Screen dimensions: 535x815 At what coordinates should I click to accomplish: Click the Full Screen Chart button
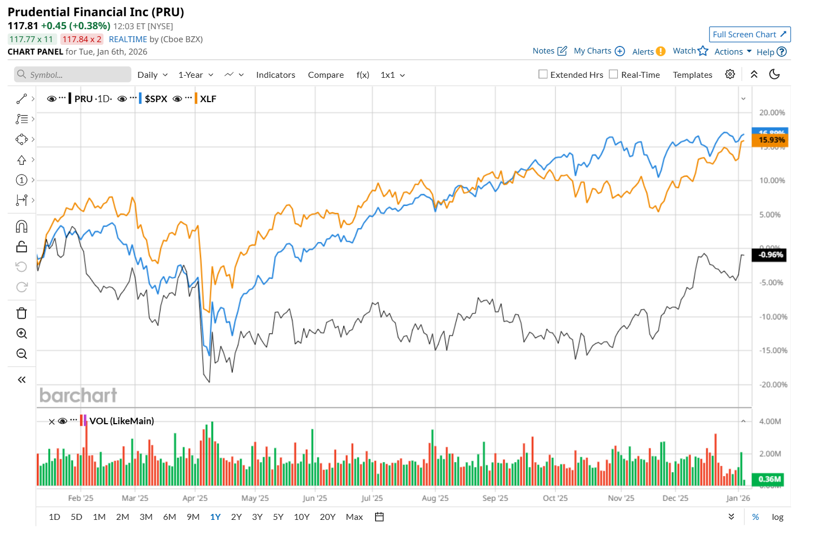click(749, 35)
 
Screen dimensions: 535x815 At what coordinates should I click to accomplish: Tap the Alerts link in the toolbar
click(648, 52)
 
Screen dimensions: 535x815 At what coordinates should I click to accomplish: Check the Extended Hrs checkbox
click(543, 75)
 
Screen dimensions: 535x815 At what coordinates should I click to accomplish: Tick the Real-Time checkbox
click(613, 75)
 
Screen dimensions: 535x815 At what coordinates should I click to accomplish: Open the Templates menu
click(692, 75)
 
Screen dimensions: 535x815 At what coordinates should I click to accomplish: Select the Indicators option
click(276, 75)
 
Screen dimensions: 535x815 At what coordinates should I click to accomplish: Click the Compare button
click(325, 75)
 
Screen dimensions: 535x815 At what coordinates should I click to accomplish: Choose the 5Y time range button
click(278, 517)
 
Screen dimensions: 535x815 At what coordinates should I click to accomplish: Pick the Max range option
click(354, 517)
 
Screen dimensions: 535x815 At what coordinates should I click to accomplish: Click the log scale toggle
click(777, 517)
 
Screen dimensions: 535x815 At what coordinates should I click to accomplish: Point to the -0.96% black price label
click(770, 255)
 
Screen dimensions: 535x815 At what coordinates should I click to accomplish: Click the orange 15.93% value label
click(771, 141)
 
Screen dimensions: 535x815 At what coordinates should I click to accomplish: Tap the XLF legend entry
click(208, 99)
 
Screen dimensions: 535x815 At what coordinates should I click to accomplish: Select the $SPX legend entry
click(156, 99)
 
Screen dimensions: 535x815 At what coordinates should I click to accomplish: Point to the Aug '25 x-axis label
click(435, 498)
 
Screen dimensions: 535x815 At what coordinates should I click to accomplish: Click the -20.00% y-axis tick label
click(773, 385)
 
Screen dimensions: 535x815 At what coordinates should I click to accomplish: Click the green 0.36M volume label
click(769, 479)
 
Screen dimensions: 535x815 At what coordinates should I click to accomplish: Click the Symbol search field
click(73, 75)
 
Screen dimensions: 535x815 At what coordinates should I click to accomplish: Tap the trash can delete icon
click(22, 313)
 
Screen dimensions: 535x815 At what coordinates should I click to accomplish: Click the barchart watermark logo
click(78, 396)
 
